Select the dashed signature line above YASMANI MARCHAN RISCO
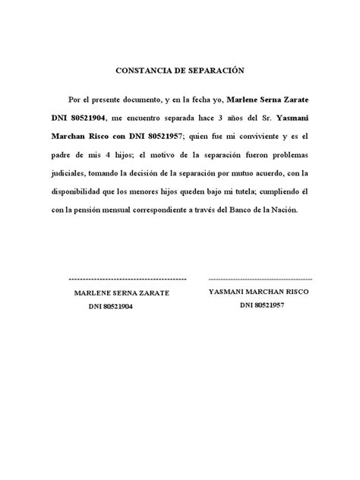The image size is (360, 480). (x=261, y=280)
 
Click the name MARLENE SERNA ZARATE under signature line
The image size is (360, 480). (x=122, y=292)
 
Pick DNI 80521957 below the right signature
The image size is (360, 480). (x=262, y=305)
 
